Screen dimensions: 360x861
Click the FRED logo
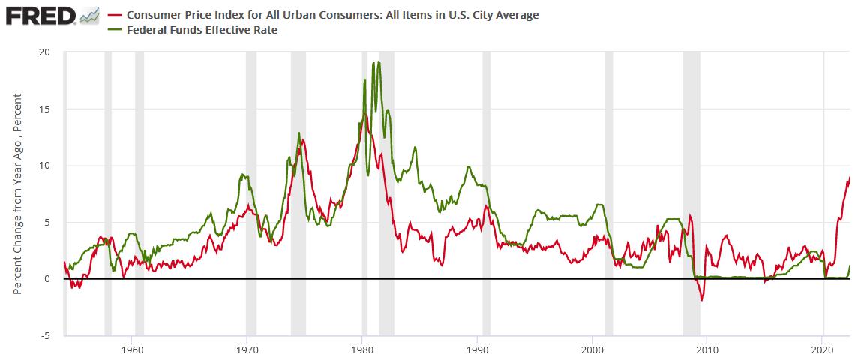(x=41, y=15)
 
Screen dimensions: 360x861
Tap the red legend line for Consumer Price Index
(x=116, y=15)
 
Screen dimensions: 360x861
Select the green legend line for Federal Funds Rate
(x=116, y=30)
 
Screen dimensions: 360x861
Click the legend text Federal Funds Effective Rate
(x=202, y=30)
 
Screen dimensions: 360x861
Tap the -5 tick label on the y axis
(x=46, y=335)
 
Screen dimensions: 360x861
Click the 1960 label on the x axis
(x=132, y=349)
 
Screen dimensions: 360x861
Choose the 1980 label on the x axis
(x=362, y=349)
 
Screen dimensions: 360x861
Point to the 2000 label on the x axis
(x=592, y=349)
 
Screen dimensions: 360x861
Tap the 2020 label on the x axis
(x=823, y=349)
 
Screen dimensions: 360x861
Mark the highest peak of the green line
(x=379, y=62)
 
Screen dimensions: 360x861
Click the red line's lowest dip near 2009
(x=702, y=300)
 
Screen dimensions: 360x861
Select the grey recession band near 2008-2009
(x=691, y=187)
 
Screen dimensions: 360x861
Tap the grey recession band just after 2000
(x=609, y=187)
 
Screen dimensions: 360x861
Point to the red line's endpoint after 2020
(x=850, y=178)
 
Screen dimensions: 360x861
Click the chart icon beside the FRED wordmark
(x=89, y=15)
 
